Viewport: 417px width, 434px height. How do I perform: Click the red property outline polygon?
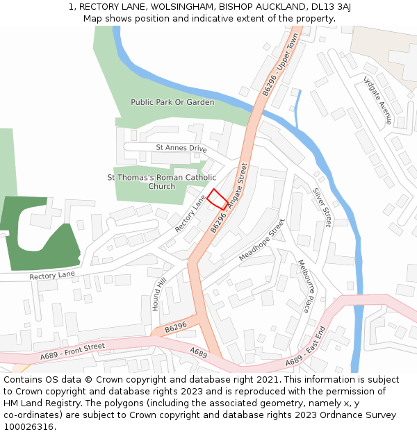pyautogui.click(x=218, y=199)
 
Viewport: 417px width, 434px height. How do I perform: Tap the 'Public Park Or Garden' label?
pyautogui.click(x=172, y=102)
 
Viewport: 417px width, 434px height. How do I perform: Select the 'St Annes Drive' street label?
pyautogui.click(x=181, y=148)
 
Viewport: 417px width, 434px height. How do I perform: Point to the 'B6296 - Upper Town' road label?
pyautogui.click(x=280, y=64)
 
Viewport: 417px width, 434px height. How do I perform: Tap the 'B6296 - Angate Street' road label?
pyautogui.click(x=229, y=199)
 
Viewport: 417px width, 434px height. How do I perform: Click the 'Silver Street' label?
pyautogui.click(x=322, y=207)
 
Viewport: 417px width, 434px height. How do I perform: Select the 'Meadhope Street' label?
pyautogui.click(x=262, y=240)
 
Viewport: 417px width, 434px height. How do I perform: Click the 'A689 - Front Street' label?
pyautogui.click(x=72, y=351)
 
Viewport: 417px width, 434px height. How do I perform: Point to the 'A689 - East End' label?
pyautogui.click(x=305, y=347)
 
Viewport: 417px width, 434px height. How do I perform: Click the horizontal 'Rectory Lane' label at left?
pyautogui.click(x=51, y=276)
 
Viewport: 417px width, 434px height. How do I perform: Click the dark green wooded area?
pyautogui.click(x=35, y=233)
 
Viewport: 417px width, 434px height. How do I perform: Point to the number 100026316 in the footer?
pyautogui.click(x=27, y=427)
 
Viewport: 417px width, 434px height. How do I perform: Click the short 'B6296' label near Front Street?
pyautogui.click(x=176, y=326)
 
